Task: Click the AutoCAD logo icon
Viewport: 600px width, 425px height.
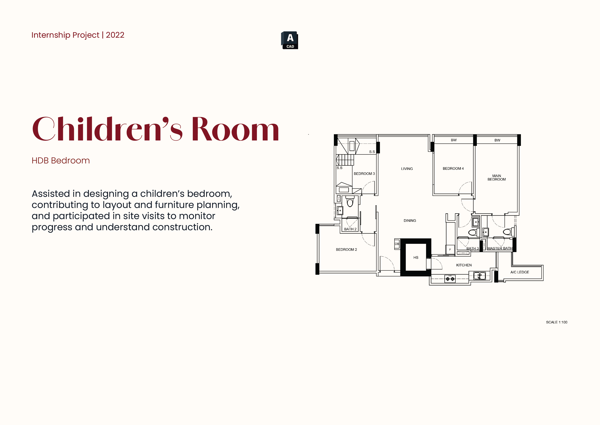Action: (290, 40)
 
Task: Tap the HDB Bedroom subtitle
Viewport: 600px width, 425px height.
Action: (61, 160)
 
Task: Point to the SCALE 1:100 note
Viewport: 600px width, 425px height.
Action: (557, 322)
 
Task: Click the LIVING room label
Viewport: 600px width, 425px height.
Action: (407, 169)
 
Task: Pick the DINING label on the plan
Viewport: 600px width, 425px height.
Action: (410, 221)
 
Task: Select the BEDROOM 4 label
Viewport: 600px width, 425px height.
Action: (453, 169)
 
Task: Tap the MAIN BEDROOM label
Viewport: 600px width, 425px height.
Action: (497, 177)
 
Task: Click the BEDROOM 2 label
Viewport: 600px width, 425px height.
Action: (346, 249)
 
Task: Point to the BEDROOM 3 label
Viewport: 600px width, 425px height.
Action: (364, 174)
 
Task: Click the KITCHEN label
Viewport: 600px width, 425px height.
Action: (464, 265)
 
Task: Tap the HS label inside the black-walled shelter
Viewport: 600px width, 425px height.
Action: (416, 257)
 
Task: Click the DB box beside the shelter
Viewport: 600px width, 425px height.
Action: (397, 244)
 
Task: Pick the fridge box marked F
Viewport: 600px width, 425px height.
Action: (450, 249)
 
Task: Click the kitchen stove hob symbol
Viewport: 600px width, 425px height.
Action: (450, 279)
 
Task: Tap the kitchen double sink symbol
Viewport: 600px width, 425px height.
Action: (480, 276)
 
